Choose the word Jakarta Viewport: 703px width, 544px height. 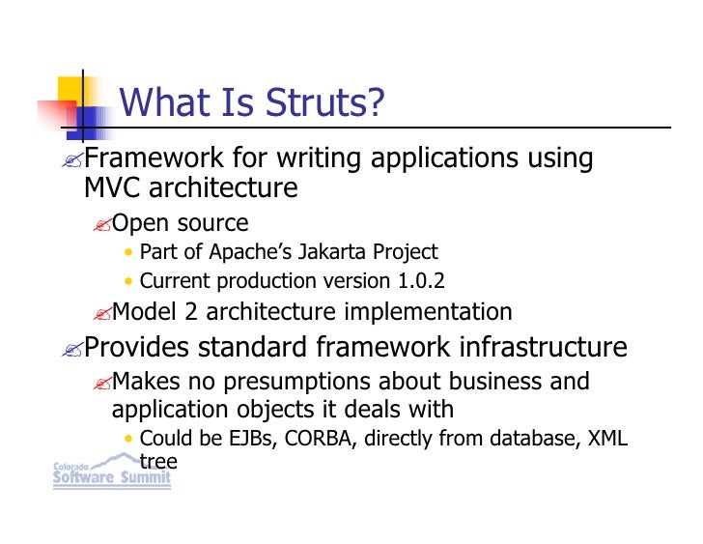pyautogui.click(x=331, y=252)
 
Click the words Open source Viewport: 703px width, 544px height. pyautogui.click(x=181, y=223)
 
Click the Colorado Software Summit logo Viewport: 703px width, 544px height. pyautogui.click(x=110, y=473)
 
